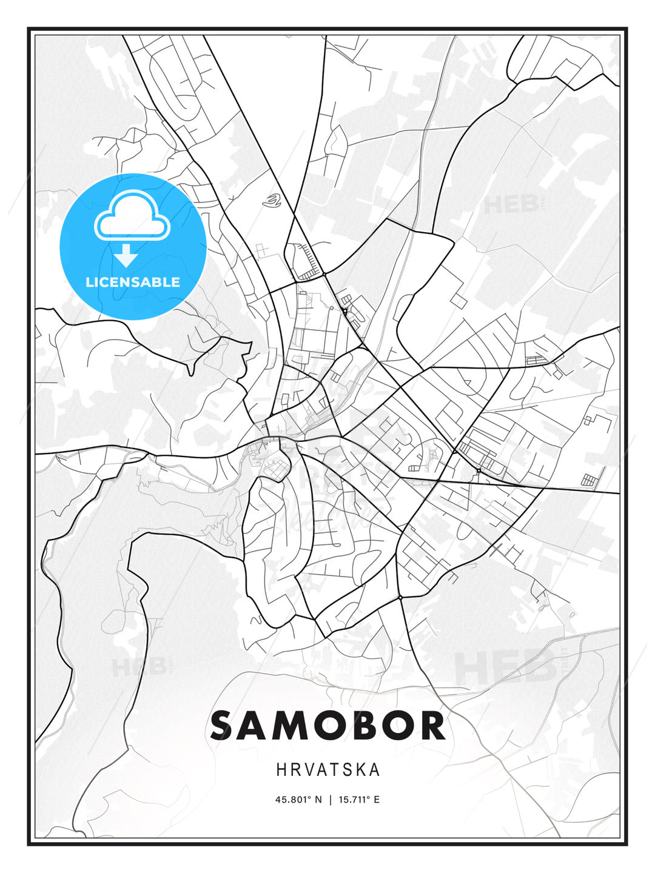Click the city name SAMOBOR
point(327,726)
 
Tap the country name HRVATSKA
point(328,770)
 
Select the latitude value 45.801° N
point(299,800)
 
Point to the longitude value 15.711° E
point(358,800)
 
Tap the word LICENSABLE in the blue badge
point(133,282)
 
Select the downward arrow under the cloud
point(127,255)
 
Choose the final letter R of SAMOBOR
point(432,726)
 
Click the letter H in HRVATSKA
point(281,770)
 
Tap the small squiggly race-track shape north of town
point(274,200)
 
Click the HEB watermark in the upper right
point(512,205)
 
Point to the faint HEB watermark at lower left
point(138,667)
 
